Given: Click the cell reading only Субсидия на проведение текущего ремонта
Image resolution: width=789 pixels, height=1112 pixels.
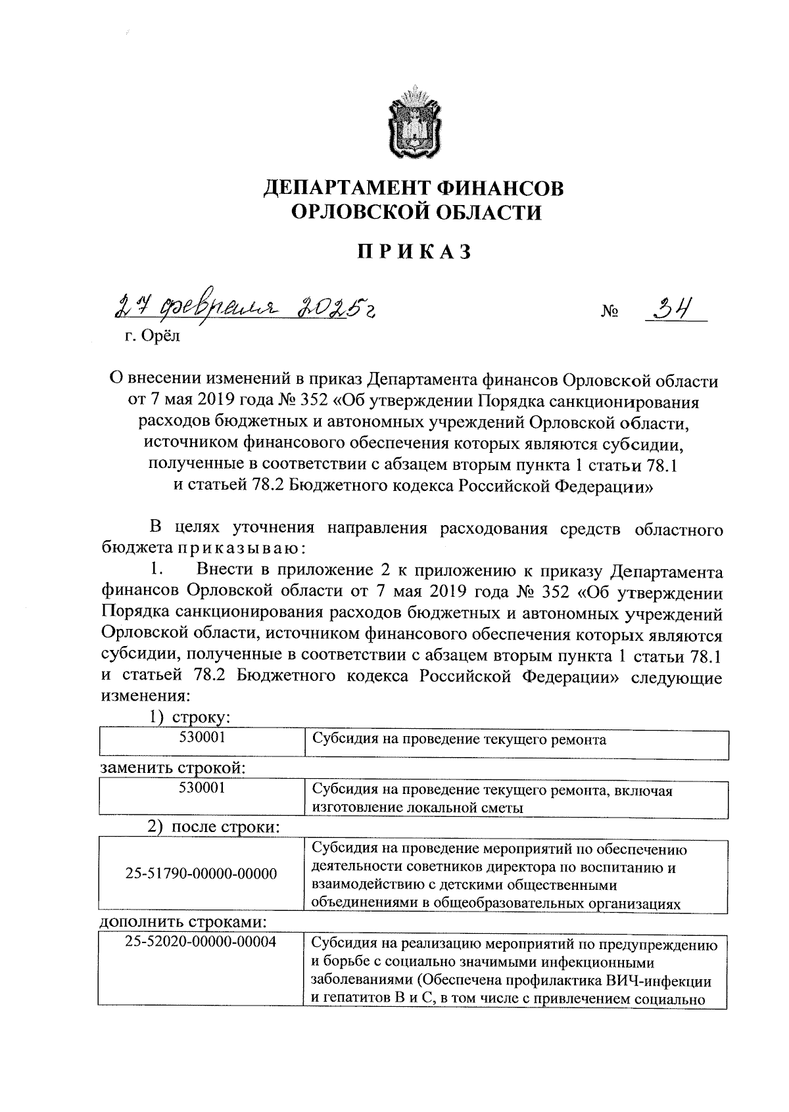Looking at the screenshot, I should [x=458, y=740].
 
